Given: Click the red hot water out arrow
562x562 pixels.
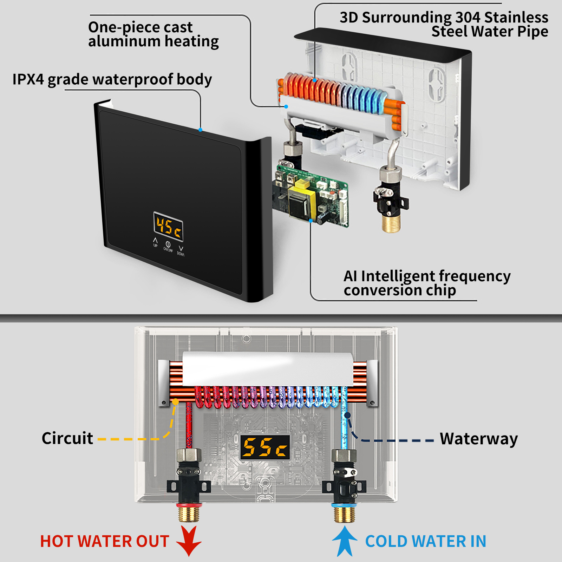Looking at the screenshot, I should coord(189,541).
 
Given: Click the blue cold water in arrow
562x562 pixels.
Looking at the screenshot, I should coord(345,541).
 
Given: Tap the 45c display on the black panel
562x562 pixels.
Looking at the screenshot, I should coord(169,227).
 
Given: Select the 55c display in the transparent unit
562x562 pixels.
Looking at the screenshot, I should coord(265,447).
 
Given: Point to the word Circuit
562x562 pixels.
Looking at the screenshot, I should coord(67,438).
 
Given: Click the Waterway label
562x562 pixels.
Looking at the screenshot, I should coord(479,439).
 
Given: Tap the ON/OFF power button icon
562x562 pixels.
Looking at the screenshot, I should coord(168,244).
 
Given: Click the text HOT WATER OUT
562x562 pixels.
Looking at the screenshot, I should coord(105,541).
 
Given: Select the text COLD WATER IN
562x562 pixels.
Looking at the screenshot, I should coord(426,541).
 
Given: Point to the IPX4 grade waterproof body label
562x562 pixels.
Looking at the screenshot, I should coord(112,79).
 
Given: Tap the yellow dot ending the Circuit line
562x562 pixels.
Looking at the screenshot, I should coord(175,402).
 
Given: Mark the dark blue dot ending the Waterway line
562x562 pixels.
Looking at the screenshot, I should coord(347,415).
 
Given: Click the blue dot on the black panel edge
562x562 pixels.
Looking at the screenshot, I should coord(200,130).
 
